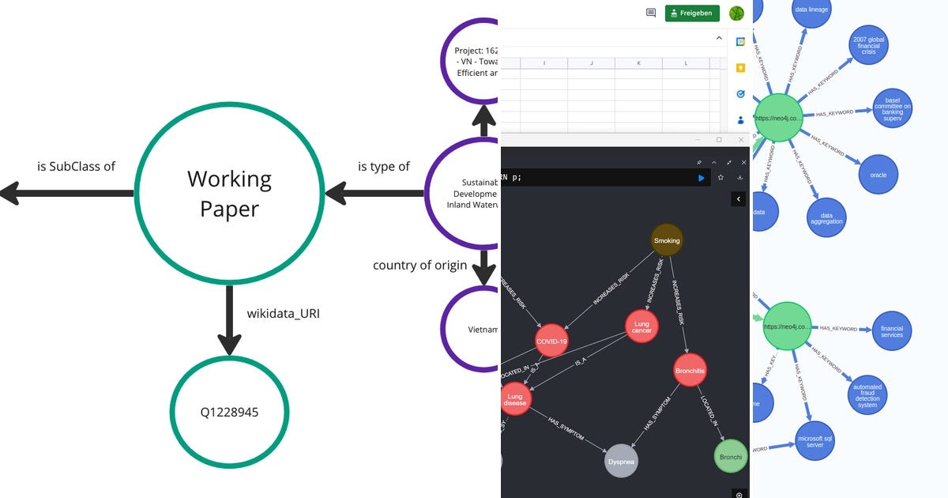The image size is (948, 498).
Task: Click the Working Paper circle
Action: pyautogui.click(x=229, y=193)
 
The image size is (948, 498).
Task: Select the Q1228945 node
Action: pyautogui.click(x=229, y=412)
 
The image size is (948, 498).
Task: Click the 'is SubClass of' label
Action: pyautogui.click(x=76, y=166)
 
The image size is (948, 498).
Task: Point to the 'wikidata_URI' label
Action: pyautogui.click(x=284, y=314)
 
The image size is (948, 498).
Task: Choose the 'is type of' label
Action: pyautogui.click(x=384, y=166)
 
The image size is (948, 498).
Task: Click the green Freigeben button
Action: pyautogui.click(x=693, y=13)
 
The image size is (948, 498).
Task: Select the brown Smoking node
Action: pyautogui.click(x=667, y=240)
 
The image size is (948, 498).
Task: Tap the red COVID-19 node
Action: pyautogui.click(x=551, y=341)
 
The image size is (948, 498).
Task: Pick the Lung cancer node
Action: pyautogui.click(x=641, y=326)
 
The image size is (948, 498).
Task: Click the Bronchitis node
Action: pyautogui.click(x=690, y=370)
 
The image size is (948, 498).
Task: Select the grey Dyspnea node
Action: pyautogui.click(x=621, y=460)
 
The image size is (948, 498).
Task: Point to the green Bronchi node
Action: pyautogui.click(x=731, y=456)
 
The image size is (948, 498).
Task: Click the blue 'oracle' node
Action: pyautogui.click(x=878, y=175)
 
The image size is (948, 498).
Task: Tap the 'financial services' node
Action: pyautogui.click(x=891, y=330)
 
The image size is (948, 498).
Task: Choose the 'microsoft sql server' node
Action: pyautogui.click(x=814, y=441)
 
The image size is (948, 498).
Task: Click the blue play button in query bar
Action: pyautogui.click(x=701, y=178)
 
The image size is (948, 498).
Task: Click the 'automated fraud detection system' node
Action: pyautogui.click(x=867, y=396)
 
